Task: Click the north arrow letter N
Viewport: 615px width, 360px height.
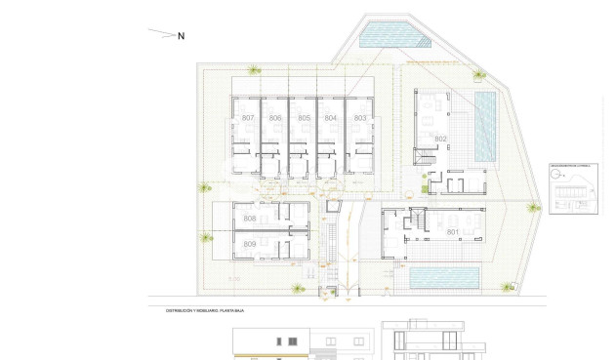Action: tap(181, 36)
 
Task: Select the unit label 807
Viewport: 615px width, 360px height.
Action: tap(248, 118)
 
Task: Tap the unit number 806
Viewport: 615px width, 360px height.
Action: tap(275, 118)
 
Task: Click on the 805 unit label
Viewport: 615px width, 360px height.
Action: tap(304, 118)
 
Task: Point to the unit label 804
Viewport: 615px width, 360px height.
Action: tap(331, 118)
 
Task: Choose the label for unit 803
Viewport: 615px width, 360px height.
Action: tap(359, 118)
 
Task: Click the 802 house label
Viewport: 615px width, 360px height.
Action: tap(440, 140)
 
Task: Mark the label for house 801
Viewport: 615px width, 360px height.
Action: tap(452, 232)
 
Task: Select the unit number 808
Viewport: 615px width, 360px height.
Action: tap(250, 219)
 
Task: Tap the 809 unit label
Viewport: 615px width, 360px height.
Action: tap(250, 244)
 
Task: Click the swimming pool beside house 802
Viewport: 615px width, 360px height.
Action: tap(485, 127)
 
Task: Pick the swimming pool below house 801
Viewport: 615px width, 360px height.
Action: tap(444, 278)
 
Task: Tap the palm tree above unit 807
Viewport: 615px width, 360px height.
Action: tap(254, 69)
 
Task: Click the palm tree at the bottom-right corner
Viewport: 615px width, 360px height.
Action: tap(508, 287)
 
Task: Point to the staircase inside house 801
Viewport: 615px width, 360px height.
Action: tap(417, 224)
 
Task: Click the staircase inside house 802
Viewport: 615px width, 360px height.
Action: tap(427, 157)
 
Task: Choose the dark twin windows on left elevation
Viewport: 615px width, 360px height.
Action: tap(288, 342)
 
